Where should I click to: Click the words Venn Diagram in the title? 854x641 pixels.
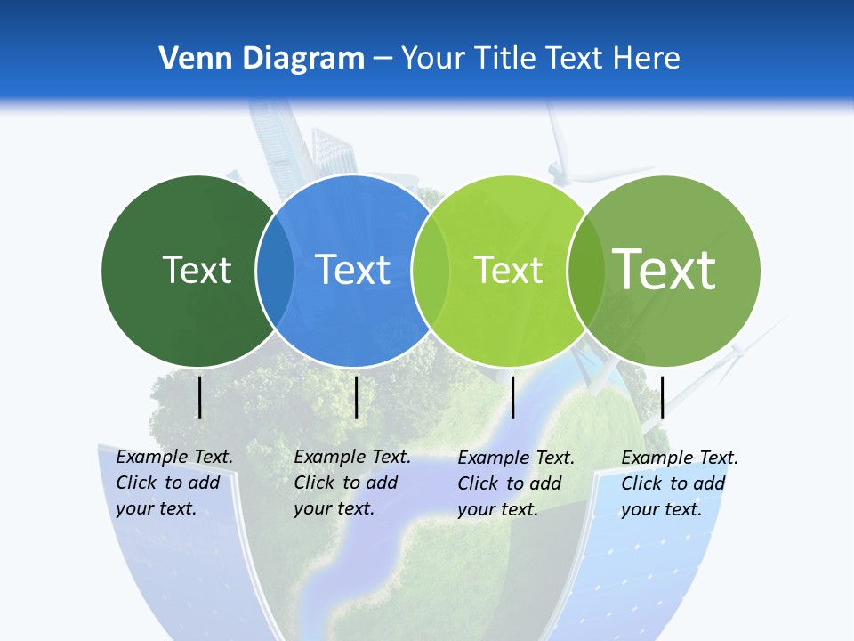[262, 59]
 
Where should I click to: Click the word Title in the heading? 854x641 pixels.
[506, 59]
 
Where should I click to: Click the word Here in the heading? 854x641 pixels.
[647, 59]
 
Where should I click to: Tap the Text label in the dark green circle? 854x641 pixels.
[197, 270]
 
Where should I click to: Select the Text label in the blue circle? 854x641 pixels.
[353, 270]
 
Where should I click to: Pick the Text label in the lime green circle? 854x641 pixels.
[509, 270]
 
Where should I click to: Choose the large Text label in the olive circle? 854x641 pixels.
[665, 269]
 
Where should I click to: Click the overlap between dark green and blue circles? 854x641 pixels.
[275, 271]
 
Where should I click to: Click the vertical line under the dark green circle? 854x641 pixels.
[200, 397]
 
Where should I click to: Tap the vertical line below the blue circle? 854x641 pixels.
[356, 397]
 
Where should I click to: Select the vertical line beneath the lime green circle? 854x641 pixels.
[513, 397]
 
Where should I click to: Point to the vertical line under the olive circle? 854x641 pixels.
[662, 397]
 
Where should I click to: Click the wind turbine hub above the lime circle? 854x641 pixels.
[559, 168]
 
